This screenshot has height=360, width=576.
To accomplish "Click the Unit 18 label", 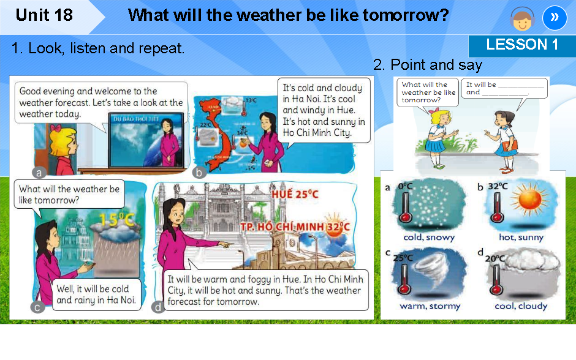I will (x=44, y=15).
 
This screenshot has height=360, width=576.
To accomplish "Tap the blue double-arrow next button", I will (x=554, y=17).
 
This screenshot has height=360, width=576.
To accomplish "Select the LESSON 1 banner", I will (x=521, y=45).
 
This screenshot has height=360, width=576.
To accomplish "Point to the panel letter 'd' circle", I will (x=159, y=307).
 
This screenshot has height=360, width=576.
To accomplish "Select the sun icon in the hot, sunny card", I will (x=527, y=200).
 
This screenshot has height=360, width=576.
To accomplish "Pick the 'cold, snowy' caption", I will (x=429, y=237).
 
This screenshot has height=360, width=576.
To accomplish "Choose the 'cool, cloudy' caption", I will (x=521, y=306).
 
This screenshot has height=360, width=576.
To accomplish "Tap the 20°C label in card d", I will (x=493, y=258).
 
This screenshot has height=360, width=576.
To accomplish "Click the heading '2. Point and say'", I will (x=427, y=65).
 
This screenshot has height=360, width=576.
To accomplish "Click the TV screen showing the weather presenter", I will (x=146, y=140).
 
